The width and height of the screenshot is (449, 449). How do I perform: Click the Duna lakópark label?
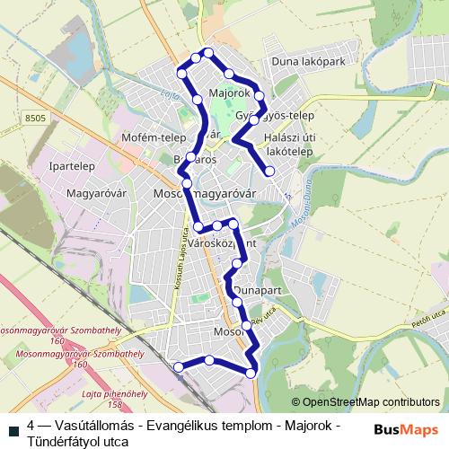pyautogui.click(x=307, y=62)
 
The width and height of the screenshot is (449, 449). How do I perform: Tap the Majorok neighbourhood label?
pyautogui.click(x=227, y=92)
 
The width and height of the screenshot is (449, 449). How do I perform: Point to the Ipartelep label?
pyautogui.click(x=73, y=166)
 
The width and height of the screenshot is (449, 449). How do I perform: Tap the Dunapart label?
pyautogui.click(x=259, y=292)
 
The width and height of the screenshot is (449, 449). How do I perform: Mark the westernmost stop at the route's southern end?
pyautogui.click(x=178, y=366)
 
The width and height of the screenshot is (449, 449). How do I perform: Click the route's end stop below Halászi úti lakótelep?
pyautogui.click(x=269, y=171)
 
